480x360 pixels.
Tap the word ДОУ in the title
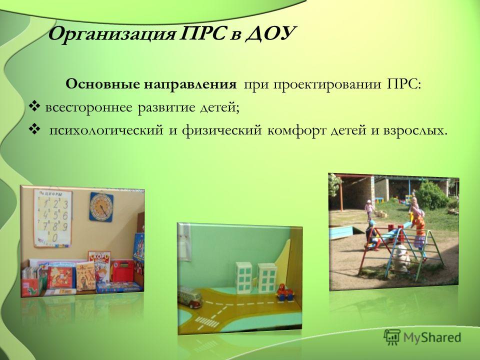[270, 33]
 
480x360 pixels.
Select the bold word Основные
[102, 84]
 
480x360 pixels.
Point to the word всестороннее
[89, 108]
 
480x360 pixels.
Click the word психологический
[106, 131]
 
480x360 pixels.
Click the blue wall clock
[101, 207]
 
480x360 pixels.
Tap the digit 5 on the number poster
[55, 215]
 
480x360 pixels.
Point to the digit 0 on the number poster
[55, 237]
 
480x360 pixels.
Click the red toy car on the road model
[285, 292]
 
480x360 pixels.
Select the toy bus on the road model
[190, 296]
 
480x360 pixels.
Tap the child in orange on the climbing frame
[418, 226]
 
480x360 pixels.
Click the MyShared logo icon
[392, 337]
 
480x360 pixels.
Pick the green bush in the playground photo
[432, 196]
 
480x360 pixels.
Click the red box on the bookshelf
[122, 271]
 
